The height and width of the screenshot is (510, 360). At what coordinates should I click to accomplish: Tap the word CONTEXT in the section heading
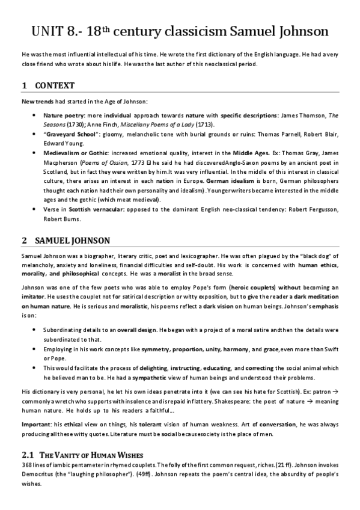click(x=55, y=86)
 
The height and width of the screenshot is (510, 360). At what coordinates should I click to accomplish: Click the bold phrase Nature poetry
click(x=63, y=114)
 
